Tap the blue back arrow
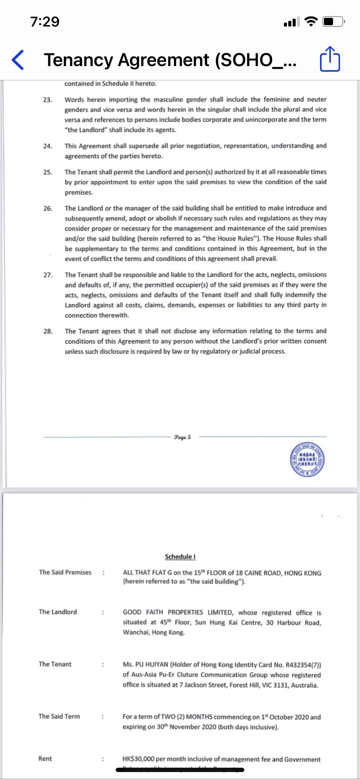(18, 60)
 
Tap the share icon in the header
(330, 60)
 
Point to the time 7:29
(45, 21)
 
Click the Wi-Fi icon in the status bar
(311, 21)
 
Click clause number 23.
(48, 100)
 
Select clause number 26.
(48, 208)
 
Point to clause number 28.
(48, 331)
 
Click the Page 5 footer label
(182, 437)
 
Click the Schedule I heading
(180, 556)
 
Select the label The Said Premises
(65, 572)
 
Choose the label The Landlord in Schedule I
(58, 612)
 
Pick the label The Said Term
(59, 716)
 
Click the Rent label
(45, 759)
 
